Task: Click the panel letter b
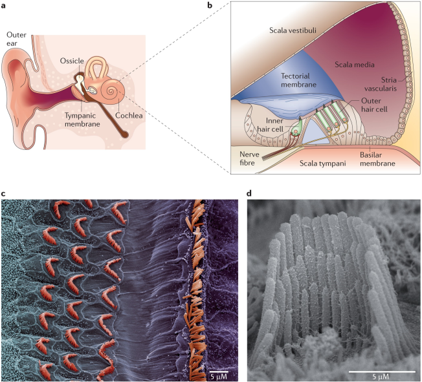point(227,5)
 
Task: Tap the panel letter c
point(5,193)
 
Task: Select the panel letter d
point(250,193)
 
